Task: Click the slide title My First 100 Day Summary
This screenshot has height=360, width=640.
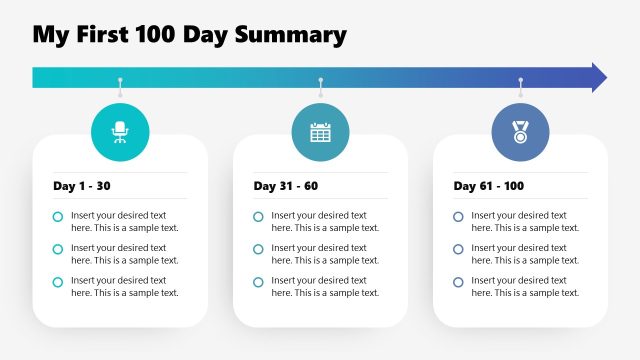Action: coord(190,36)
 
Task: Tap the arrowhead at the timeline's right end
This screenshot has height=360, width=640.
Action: coord(598,78)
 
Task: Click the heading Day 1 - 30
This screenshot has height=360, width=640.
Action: coord(82,186)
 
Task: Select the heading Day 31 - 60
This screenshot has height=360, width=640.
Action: coord(286,186)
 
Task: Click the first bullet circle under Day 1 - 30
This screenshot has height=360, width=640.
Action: coord(58,217)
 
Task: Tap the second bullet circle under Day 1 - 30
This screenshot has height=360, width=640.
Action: coord(58,250)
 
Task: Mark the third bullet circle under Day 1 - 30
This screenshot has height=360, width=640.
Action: coord(58,282)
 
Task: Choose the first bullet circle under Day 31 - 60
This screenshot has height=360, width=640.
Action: coord(258,217)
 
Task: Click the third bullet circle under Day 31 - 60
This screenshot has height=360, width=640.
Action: coord(258,282)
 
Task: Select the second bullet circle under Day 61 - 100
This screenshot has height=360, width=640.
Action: coord(458,250)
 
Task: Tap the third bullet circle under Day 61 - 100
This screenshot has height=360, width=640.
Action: coord(458,282)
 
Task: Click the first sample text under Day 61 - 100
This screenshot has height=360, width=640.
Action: coord(524,221)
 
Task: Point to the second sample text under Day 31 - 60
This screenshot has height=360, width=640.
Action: coord(324,254)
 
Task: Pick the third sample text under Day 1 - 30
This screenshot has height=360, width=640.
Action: coord(124,286)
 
